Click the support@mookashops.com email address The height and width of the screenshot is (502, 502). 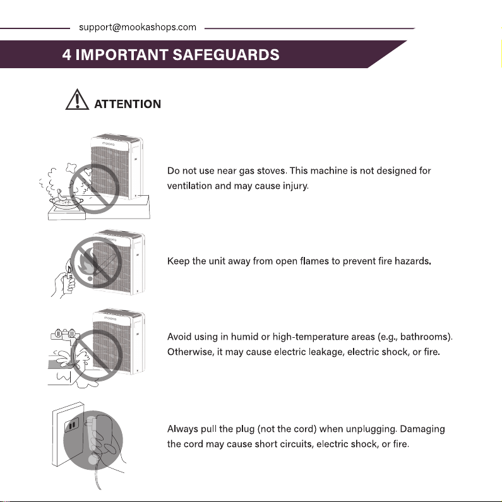pyautogui.click(x=138, y=27)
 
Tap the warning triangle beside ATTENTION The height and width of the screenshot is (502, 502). pyautogui.click(x=77, y=100)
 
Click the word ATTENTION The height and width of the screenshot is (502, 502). pyautogui.click(x=128, y=104)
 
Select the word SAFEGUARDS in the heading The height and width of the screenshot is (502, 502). pyautogui.click(x=226, y=54)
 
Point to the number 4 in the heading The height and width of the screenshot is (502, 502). pyautogui.click(x=66, y=54)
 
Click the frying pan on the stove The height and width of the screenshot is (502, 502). pyautogui.click(x=66, y=202)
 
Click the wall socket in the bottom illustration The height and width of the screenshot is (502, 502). pyautogui.click(x=72, y=425)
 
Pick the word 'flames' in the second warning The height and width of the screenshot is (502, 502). pyautogui.click(x=314, y=261)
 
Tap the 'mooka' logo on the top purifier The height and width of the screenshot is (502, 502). pyautogui.click(x=108, y=144)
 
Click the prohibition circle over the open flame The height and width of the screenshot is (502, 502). pyautogui.click(x=96, y=262)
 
